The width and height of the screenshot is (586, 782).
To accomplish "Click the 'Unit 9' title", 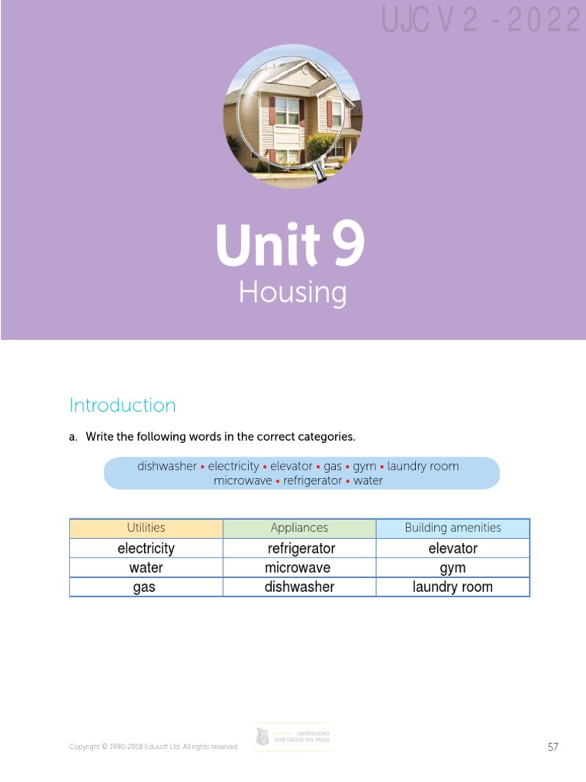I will (290, 245).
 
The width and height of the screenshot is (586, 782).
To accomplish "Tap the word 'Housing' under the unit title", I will (292, 292).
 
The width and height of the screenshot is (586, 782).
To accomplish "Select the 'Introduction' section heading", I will (122, 405).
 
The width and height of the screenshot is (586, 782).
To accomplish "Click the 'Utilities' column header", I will (146, 528).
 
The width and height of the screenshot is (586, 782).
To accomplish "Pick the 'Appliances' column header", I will (299, 528).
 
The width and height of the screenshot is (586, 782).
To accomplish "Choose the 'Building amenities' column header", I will (452, 528).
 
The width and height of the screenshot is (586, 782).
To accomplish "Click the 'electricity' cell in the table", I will (146, 548).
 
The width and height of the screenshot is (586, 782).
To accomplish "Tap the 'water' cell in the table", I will (146, 568).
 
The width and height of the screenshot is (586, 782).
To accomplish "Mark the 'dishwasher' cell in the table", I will (299, 587).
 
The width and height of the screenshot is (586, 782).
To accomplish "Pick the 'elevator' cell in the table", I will (452, 548).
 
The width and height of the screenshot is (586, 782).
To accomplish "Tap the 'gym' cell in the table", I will (452, 568).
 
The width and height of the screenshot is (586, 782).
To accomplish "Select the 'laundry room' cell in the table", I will (452, 587).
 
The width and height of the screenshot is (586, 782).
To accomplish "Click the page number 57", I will (553, 747).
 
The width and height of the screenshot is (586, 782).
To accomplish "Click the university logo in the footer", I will (292, 737).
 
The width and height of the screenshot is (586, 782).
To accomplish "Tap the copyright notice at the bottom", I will (153, 746).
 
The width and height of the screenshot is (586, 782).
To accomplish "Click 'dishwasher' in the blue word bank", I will (166, 466).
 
